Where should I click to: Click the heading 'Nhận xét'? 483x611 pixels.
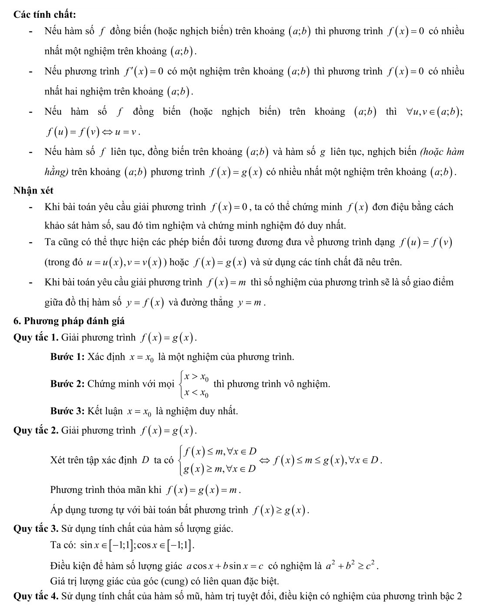coord(33,190)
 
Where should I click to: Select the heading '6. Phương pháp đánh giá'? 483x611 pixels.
coord(69,321)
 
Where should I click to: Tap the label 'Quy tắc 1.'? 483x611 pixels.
coord(36,338)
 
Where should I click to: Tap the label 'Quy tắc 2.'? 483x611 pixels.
coord(36,431)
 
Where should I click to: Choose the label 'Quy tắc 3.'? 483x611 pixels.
coord(36,528)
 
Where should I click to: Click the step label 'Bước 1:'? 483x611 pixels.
coord(68,357)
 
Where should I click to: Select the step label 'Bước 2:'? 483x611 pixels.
coord(68,384)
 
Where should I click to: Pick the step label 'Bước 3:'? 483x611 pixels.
coord(68,411)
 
